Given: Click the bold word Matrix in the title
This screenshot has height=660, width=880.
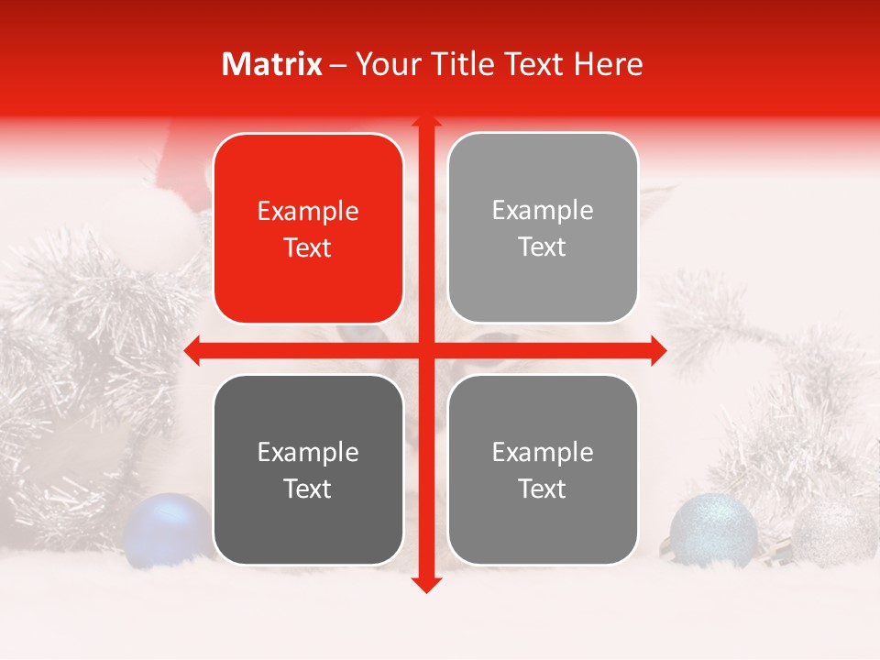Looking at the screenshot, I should tap(272, 64).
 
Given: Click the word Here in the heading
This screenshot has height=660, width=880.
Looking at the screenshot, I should tap(609, 64).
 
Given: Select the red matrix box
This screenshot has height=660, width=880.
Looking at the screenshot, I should tap(308, 228).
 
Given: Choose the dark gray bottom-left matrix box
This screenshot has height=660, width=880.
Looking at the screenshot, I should tap(308, 469).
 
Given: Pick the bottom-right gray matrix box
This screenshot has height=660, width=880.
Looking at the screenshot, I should tap(543, 469).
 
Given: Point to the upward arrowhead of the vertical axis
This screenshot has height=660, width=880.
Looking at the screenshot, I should tap(425, 120).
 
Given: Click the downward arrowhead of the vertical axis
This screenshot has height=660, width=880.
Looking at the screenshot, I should tap(425, 584).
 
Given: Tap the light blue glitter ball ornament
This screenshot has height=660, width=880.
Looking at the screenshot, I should tap(713, 530).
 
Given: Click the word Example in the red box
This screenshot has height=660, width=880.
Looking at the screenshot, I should tap(308, 212).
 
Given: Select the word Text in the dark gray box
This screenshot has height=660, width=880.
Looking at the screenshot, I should tap(308, 489).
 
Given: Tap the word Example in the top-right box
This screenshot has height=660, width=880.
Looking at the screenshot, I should tap(543, 211).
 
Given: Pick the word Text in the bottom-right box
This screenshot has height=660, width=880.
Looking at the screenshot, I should tap(543, 489).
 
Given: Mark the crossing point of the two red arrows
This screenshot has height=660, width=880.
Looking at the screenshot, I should tap(425, 350).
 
